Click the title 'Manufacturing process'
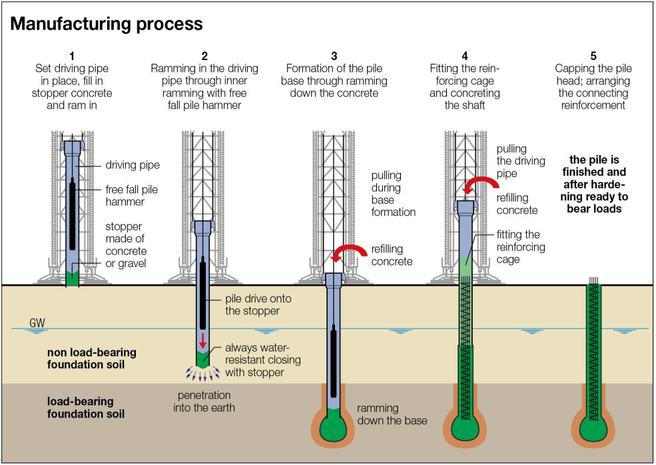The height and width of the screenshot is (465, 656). coord(107,24)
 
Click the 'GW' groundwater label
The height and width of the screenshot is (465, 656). coord(37,324)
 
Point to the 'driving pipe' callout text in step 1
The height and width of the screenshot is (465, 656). coord(133,165)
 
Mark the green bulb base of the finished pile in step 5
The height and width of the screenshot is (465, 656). coord(593,430)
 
